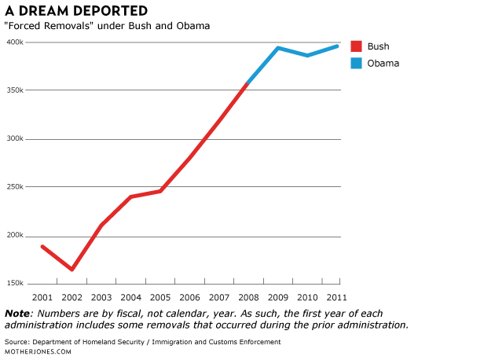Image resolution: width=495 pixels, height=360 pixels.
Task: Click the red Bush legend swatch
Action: (356, 46)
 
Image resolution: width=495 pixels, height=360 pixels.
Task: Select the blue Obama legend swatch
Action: (356, 63)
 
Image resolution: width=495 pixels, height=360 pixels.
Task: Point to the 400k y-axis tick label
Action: (14, 42)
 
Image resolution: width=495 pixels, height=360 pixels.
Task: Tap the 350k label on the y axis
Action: (14, 90)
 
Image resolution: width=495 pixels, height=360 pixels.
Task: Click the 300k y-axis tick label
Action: (14, 138)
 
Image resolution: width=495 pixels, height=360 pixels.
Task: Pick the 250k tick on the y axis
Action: (14, 187)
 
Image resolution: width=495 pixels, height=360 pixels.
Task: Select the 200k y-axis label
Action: (14, 235)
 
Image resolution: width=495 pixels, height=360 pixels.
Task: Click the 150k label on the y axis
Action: (14, 283)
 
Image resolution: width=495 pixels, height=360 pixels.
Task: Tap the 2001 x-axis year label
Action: (42, 298)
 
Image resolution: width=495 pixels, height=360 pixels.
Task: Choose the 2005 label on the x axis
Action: (160, 298)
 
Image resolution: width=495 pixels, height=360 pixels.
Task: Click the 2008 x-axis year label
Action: (249, 298)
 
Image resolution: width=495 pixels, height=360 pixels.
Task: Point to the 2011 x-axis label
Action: (338, 298)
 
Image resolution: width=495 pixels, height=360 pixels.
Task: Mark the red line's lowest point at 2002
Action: (72, 270)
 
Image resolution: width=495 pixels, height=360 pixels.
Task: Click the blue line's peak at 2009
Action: (278, 48)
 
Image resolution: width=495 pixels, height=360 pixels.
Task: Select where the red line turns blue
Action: (248, 83)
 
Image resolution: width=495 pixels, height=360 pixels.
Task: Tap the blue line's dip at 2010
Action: (308, 55)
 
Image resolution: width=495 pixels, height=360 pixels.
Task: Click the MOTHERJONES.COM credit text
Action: (38, 351)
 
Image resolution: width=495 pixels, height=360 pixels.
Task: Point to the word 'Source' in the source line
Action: (16, 342)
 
